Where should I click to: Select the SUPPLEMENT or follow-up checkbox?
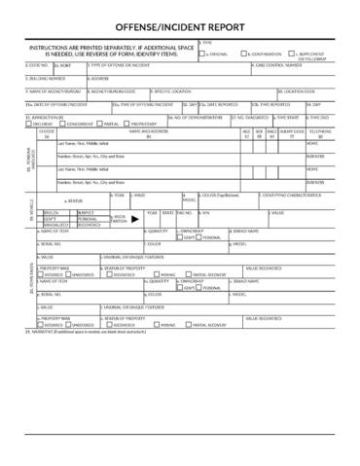click(294, 54)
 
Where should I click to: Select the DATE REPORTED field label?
click(223, 102)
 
